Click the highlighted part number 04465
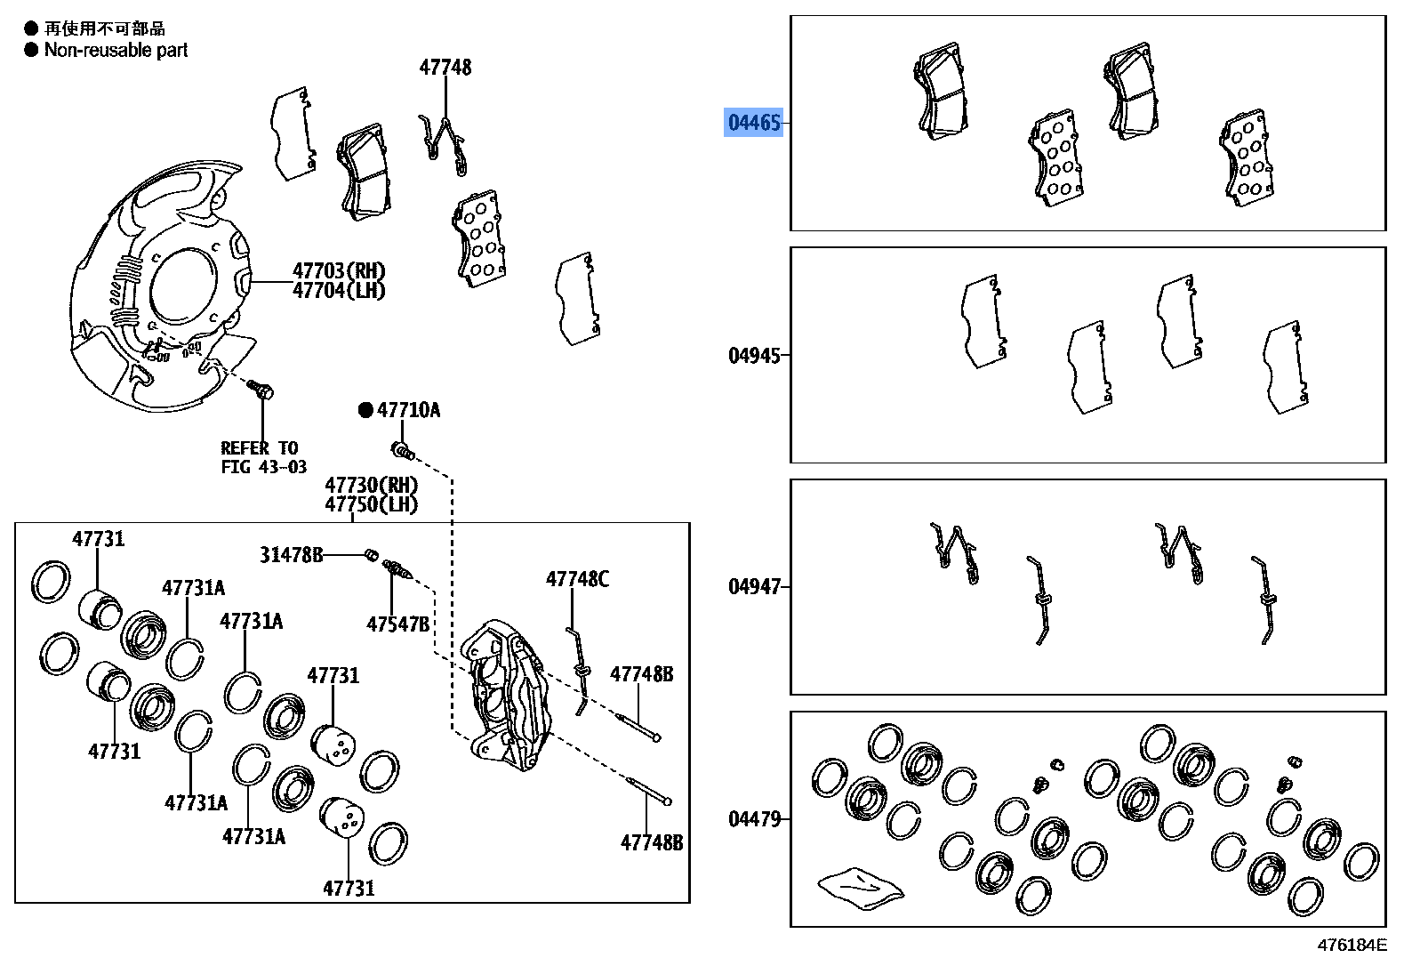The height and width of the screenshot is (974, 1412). coord(754,123)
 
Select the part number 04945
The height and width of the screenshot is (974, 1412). coord(754,356)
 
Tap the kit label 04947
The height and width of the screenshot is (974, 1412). coord(754,587)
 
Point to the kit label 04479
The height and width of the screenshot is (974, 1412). coord(754,819)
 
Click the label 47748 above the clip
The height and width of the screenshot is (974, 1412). coord(445,68)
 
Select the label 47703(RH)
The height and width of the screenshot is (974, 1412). coord(339,270)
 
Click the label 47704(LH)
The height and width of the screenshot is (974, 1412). coord(339,291)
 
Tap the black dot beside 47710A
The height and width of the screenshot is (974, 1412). coord(365,410)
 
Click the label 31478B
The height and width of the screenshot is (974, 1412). coord(291,555)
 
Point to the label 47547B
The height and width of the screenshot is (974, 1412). coord(397,624)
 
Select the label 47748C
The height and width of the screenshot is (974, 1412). coord(577,580)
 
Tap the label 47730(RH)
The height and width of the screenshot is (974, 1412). coord(371,485)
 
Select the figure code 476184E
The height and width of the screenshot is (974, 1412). coord(1351,946)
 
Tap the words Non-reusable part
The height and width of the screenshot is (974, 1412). coord(116,51)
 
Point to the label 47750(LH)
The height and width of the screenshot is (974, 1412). coord(371,504)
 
